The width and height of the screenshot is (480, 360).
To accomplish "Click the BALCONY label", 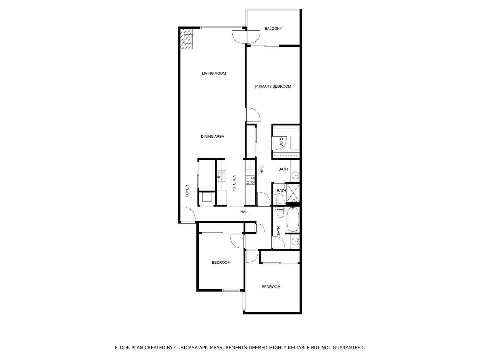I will [x=273, y=29].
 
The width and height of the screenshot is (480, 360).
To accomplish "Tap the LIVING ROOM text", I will [x=214, y=74].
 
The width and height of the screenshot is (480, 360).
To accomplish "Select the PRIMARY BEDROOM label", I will [x=273, y=86].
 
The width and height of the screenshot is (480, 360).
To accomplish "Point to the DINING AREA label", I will [x=212, y=137].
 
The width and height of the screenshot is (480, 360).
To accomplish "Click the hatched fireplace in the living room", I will [x=187, y=39].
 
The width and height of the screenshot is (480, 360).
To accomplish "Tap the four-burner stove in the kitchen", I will [x=250, y=180].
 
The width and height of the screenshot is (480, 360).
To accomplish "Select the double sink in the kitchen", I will [x=221, y=177].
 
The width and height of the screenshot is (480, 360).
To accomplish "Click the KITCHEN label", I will [x=234, y=183].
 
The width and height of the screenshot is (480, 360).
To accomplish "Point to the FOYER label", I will [x=187, y=191].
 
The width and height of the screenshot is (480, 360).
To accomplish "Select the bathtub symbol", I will [x=293, y=220].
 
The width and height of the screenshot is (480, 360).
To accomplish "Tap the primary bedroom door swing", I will [x=253, y=115].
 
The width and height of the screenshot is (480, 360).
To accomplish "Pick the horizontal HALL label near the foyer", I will [x=245, y=212].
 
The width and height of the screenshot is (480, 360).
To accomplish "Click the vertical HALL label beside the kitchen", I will [x=262, y=169].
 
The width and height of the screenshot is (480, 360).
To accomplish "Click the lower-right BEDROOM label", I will [x=271, y=287].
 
